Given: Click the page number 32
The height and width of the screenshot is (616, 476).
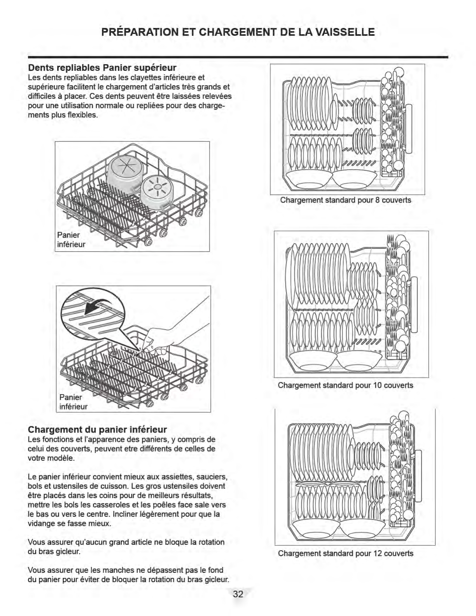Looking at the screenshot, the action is (x=238, y=594).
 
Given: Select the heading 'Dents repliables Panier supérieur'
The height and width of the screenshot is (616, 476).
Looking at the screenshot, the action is (x=102, y=68).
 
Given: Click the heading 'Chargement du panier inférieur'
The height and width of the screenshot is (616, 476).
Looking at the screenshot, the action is (x=97, y=429).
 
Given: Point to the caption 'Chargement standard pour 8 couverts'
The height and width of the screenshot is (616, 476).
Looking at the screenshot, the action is (x=346, y=200).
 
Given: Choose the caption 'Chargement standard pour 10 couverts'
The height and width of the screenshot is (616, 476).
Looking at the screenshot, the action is (x=345, y=385).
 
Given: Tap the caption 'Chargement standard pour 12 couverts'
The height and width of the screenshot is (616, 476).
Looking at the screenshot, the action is (x=346, y=553).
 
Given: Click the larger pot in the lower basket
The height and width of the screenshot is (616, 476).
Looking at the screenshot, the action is (x=124, y=174).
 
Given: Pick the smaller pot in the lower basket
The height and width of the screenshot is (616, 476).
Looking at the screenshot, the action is (x=155, y=193).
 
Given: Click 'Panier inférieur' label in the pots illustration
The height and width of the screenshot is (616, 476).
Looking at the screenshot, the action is (x=71, y=240).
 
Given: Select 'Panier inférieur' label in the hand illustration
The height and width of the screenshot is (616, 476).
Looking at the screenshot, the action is (x=73, y=402).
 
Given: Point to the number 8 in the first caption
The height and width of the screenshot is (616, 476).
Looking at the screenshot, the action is (x=377, y=200).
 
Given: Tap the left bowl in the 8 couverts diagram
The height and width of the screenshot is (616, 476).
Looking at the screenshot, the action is (x=308, y=179).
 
